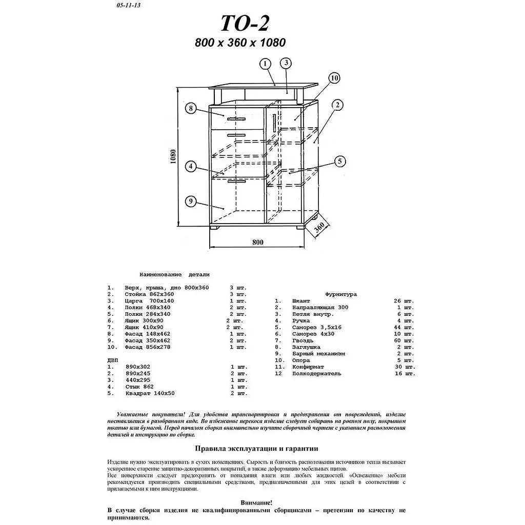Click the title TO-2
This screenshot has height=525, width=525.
click(245, 23)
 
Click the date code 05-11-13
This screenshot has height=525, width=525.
click(129, 5)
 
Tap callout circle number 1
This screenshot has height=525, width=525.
click(265, 64)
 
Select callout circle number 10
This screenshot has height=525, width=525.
click(334, 78)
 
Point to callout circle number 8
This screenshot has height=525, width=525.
click(191, 108)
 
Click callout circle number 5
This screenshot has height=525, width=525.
click(340, 161)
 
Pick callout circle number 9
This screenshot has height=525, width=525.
click(191, 201)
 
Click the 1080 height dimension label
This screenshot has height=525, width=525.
click(173, 156)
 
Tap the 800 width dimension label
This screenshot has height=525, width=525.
click(258, 242)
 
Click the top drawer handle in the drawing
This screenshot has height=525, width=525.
click(236, 119)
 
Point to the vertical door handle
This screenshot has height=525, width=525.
click(275, 123)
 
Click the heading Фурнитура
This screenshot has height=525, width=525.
click(341, 294)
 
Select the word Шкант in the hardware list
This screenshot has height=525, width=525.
click(301, 301)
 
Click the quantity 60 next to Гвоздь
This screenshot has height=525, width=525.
click(397, 340)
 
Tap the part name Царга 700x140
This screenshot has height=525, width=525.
click(149, 300)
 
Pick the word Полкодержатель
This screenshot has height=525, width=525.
click(317, 374)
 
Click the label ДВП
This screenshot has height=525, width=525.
click(112, 360)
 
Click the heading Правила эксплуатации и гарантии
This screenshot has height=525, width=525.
click(256, 449)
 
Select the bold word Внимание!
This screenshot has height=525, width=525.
click(256, 502)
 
